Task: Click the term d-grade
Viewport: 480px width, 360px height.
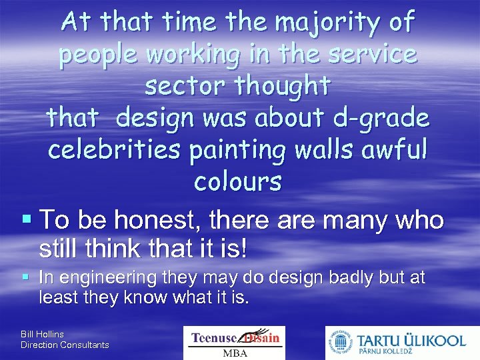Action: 382,118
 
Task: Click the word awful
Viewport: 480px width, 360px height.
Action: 389,149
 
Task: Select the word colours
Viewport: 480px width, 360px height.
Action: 238,181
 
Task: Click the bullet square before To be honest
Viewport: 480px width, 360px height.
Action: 26,219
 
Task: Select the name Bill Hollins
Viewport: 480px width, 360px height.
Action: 43,333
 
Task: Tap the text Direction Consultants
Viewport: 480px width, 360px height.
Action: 65,345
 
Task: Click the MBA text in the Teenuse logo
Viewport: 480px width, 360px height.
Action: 234,351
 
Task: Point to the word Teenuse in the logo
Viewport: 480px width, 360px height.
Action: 215,337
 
